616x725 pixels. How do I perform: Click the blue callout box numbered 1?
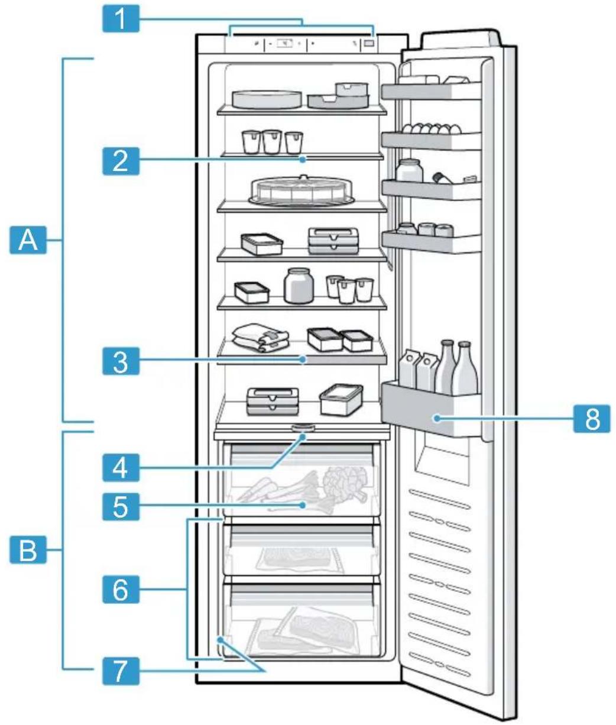click(121, 18)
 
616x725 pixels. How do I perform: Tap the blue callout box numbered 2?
click(121, 161)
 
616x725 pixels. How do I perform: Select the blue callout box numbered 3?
click(121, 361)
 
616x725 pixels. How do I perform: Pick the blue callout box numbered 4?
click(121, 468)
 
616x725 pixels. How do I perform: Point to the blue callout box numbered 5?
click(121, 507)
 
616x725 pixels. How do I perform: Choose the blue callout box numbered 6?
click(121, 590)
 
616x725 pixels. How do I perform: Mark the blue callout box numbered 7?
click(121, 671)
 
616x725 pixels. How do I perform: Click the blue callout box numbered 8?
click(592, 419)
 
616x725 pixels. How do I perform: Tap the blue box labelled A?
click(28, 240)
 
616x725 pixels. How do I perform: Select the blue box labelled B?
click(28, 549)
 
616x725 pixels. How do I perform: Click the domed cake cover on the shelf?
click(300, 190)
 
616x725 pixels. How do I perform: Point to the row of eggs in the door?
click(431, 129)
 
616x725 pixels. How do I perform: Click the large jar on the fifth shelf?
click(299, 286)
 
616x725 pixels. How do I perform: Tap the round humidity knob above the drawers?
click(303, 428)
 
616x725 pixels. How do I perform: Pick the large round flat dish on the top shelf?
click(267, 99)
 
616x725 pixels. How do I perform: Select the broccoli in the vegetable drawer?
click(345, 481)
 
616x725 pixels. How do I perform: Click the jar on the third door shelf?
click(409, 171)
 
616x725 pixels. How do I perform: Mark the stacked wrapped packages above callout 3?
click(261, 338)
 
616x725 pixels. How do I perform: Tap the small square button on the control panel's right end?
click(369, 44)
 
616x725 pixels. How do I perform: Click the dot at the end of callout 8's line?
click(437, 418)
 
